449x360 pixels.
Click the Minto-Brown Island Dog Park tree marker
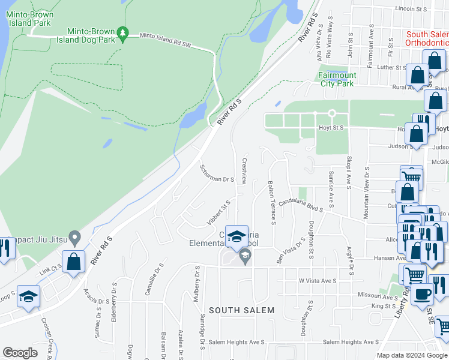click(123, 33)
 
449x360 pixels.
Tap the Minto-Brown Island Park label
click(32, 19)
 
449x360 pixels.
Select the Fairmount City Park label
click(337, 79)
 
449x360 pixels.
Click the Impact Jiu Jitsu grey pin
click(74, 238)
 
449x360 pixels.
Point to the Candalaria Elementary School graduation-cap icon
click(237, 236)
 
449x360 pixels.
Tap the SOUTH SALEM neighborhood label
click(241, 310)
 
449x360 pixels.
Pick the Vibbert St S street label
click(218, 212)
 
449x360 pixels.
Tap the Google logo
click(20, 353)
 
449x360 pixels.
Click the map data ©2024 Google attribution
click(411, 355)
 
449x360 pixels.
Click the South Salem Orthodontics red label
click(427, 39)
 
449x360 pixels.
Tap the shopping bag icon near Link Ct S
click(74, 262)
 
